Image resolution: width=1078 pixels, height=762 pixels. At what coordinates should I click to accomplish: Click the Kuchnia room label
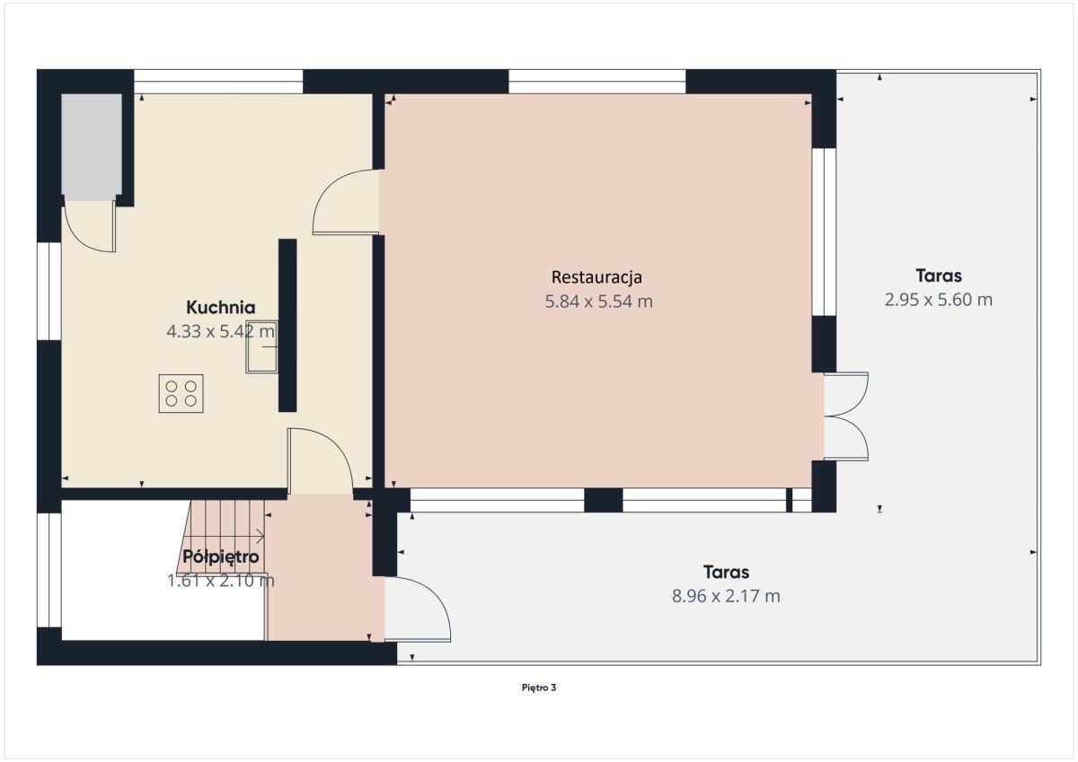(x=221, y=306)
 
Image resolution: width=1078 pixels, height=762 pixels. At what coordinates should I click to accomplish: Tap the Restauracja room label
(x=597, y=276)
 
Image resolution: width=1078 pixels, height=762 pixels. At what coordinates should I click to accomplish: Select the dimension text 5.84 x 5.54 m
(x=598, y=302)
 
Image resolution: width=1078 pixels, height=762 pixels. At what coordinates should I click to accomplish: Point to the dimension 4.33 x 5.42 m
(x=221, y=331)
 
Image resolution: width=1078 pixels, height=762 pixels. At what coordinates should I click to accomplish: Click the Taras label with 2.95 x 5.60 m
(x=939, y=276)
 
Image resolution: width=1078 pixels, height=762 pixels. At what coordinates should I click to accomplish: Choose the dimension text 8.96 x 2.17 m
(x=726, y=596)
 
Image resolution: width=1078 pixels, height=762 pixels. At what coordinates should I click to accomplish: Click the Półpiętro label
(x=221, y=556)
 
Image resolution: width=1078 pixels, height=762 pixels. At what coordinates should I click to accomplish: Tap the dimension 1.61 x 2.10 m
(x=221, y=581)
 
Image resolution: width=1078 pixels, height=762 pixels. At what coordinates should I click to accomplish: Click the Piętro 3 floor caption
(x=539, y=688)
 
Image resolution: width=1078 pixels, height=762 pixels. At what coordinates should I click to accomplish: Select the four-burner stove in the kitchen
(x=181, y=393)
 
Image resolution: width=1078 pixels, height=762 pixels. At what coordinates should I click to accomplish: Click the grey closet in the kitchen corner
(x=92, y=145)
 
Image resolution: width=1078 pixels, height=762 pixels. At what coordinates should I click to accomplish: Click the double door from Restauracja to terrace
(x=847, y=416)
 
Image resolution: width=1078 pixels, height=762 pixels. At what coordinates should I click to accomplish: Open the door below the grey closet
(x=90, y=226)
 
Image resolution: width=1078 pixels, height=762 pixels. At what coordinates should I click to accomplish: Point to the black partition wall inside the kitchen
(x=287, y=325)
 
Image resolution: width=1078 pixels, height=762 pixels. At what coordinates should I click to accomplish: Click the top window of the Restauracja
(x=596, y=82)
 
